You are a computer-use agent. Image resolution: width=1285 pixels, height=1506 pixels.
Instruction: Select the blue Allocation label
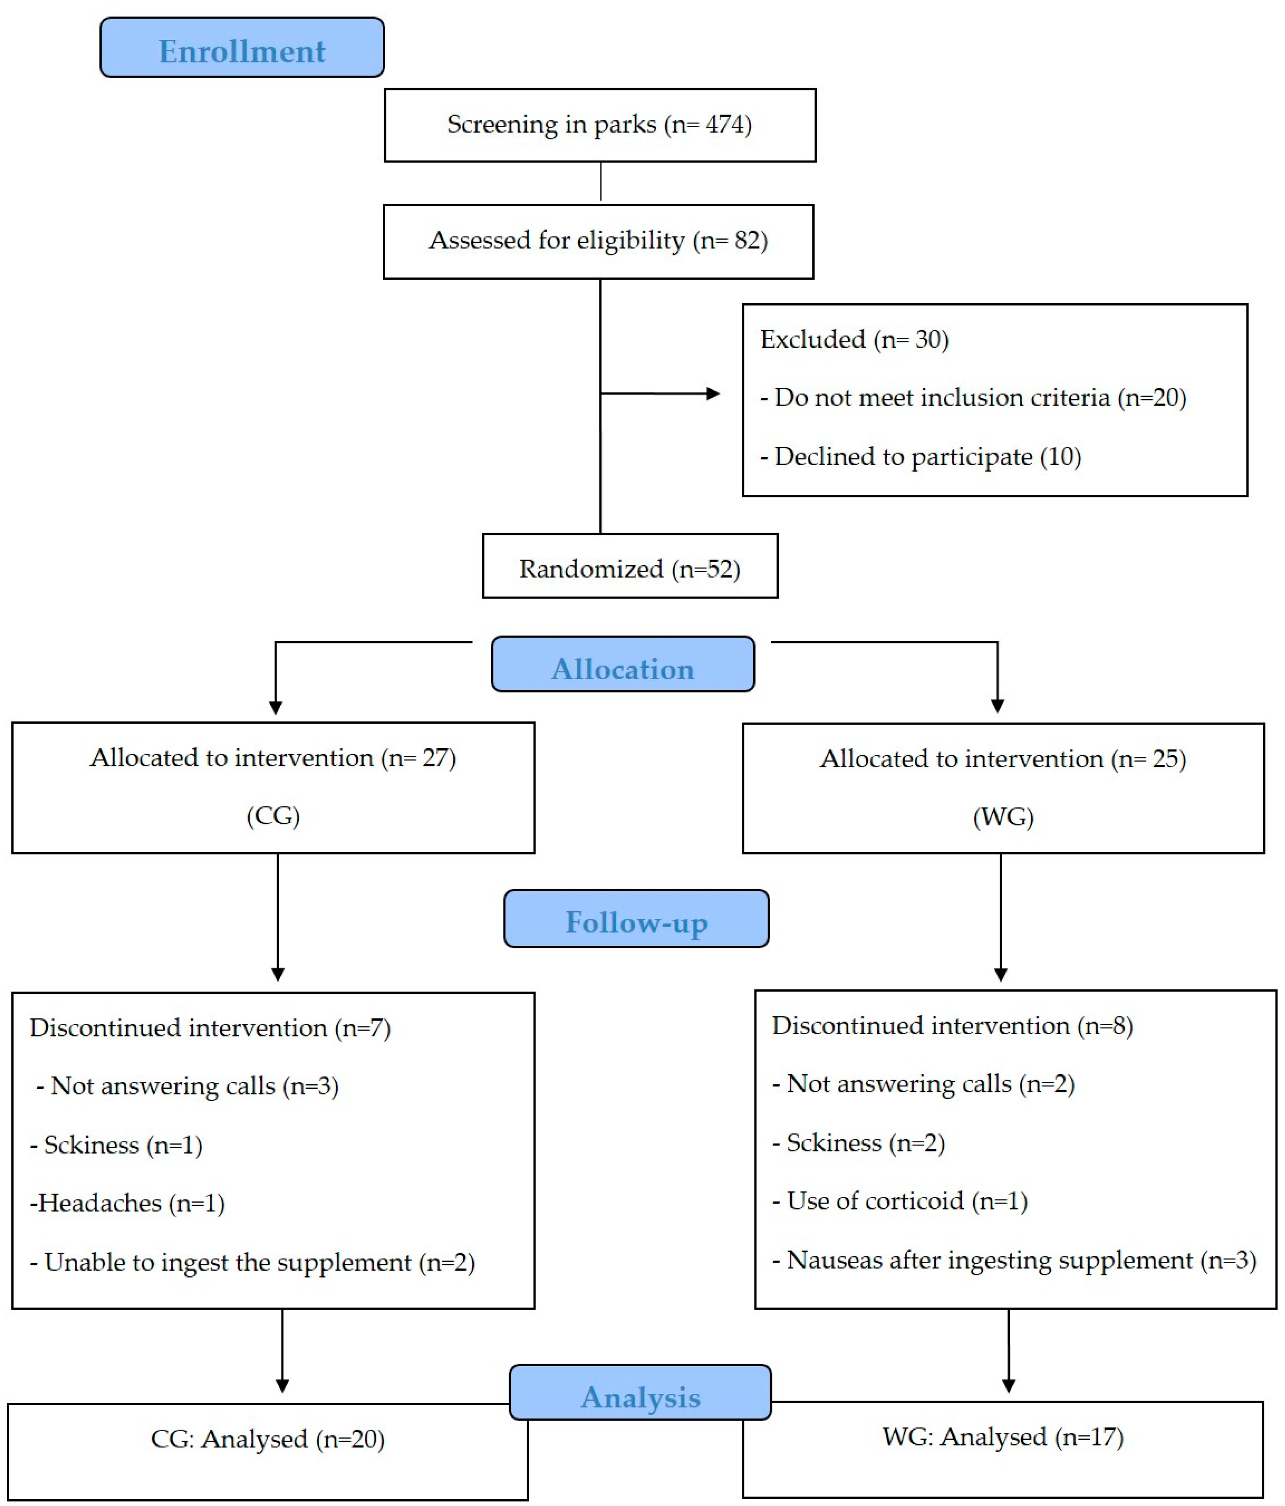pos(623,664)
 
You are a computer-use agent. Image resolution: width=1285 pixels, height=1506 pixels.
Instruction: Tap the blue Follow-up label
pos(636,918)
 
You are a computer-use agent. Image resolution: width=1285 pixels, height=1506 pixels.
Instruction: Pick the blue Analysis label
pos(640,1392)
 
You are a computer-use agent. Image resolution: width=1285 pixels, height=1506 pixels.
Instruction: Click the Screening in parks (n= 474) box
pos(600,125)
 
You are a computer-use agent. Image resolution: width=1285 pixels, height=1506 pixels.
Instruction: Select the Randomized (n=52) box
pos(630,566)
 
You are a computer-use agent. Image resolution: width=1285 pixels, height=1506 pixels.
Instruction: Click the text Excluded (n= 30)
pos(854,340)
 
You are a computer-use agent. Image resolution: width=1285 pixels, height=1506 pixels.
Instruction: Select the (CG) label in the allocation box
pos(273,815)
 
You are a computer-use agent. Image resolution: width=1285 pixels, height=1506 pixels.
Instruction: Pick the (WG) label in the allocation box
pos(1003,817)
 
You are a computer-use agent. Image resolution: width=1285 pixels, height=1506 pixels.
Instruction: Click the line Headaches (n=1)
pos(127,1203)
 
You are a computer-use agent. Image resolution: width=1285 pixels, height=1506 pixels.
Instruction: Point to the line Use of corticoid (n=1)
pos(900,1201)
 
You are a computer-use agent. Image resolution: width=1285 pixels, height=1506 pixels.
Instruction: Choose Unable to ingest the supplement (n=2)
pos(252,1263)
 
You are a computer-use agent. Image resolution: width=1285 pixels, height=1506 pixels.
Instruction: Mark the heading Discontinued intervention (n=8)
pos(952,1026)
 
